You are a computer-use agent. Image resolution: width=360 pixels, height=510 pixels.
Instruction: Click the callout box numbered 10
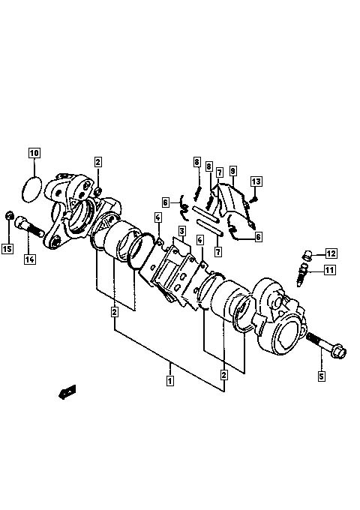point(34,152)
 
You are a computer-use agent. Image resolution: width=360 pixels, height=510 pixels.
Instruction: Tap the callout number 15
point(7,249)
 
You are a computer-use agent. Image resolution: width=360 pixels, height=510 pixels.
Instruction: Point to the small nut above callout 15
point(10,214)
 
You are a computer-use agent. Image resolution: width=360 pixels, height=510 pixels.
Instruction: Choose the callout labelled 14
point(30,259)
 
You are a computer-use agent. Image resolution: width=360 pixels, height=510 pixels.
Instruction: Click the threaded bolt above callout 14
point(29,226)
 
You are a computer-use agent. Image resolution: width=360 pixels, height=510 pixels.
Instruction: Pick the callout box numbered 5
point(322,376)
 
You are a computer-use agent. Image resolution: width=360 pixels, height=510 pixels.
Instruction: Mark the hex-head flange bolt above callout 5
point(326,346)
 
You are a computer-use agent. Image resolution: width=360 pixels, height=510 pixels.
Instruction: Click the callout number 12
point(331,253)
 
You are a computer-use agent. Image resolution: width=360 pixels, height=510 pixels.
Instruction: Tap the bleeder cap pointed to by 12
point(307,255)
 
